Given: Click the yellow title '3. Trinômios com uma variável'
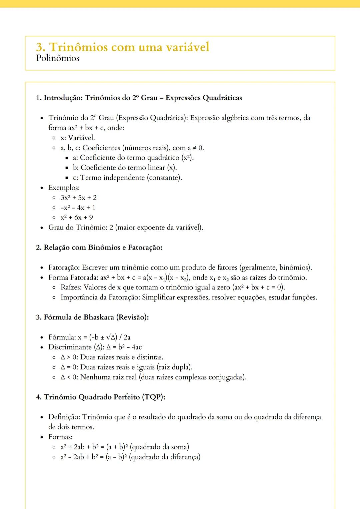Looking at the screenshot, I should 123,47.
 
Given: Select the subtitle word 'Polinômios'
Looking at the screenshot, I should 58,58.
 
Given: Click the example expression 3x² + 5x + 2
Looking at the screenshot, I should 79,198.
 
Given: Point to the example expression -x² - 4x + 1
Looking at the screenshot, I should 78,208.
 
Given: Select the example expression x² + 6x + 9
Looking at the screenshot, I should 77,218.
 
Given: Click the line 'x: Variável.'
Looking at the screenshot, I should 78,138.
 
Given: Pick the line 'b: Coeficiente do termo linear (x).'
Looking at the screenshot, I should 125,168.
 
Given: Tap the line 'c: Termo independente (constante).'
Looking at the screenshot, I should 127,178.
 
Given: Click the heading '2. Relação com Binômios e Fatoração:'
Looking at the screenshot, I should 99,248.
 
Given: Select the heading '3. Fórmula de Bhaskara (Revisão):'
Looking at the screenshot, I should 92,317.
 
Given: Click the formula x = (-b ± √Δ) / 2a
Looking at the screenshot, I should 104,337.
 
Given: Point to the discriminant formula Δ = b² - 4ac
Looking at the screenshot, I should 124,347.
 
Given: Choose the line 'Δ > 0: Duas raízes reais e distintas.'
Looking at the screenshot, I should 112,357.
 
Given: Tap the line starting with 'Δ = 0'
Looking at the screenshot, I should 126,367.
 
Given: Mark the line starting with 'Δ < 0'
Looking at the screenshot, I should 153,377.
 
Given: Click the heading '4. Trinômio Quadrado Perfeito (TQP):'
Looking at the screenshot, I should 101,397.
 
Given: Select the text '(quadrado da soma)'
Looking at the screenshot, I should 159,447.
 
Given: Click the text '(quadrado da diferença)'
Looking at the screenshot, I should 165,457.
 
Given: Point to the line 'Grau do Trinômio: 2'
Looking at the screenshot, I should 126,228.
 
